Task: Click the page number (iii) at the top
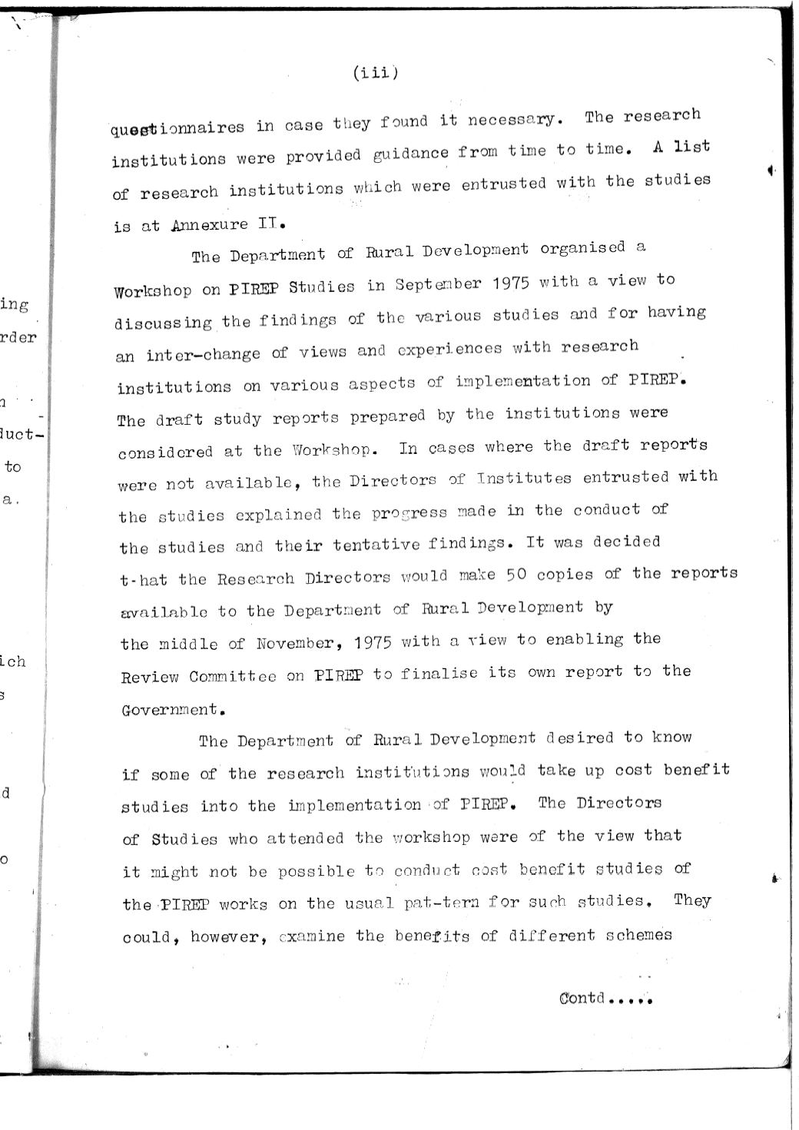[x=375, y=73]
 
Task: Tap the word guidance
[x=411, y=154]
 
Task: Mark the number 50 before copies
[x=516, y=575]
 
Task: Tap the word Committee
[x=233, y=677]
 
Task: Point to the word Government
[x=170, y=710]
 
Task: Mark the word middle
[x=189, y=644]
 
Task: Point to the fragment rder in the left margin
[x=18, y=337]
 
